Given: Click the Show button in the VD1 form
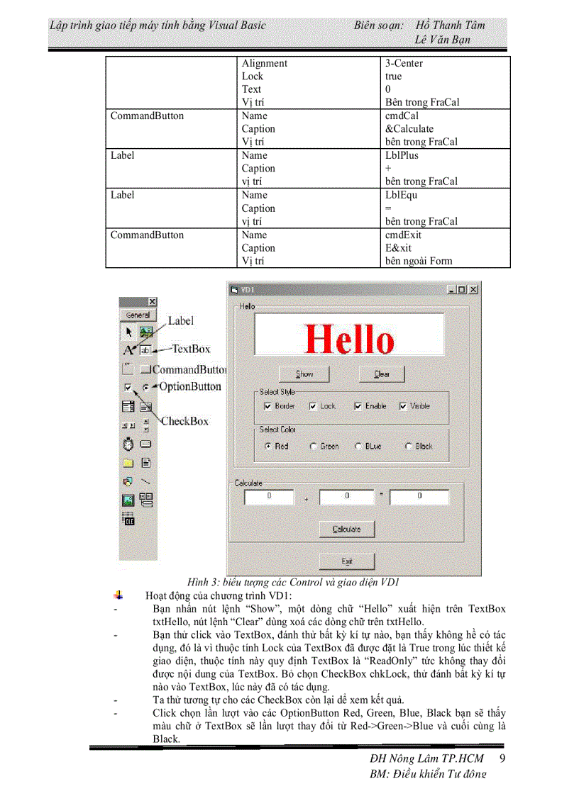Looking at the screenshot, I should click(x=304, y=374).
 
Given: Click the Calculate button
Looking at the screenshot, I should click(x=346, y=529).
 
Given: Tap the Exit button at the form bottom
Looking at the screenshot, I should click(x=346, y=561).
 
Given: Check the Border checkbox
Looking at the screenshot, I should click(x=268, y=406).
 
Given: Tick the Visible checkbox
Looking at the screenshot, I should click(x=404, y=406).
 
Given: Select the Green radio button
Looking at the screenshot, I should click(x=313, y=447).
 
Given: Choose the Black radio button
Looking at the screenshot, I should click(x=409, y=447).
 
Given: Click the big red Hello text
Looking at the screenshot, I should click(x=349, y=339).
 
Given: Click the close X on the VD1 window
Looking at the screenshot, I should click(x=473, y=290).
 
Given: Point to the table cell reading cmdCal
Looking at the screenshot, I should click(x=402, y=116).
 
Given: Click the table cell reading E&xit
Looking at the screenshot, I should click(x=398, y=248).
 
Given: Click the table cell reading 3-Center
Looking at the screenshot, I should click(x=404, y=63).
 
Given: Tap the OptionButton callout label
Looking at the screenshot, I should click(x=189, y=386).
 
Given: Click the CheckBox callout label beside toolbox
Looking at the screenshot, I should click(x=184, y=421).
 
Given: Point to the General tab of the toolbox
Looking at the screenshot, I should click(x=138, y=315).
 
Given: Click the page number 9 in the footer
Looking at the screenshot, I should click(x=502, y=758).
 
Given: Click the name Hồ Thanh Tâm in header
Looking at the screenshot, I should click(x=450, y=25).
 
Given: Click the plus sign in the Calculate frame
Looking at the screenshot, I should click(x=306, y=499).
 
